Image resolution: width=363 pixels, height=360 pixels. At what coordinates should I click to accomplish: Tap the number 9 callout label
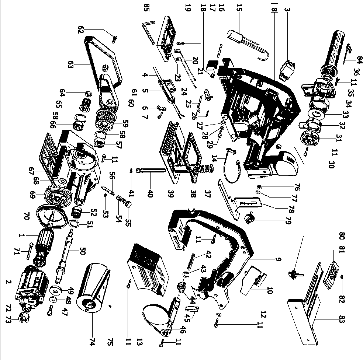coord(278,259)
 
